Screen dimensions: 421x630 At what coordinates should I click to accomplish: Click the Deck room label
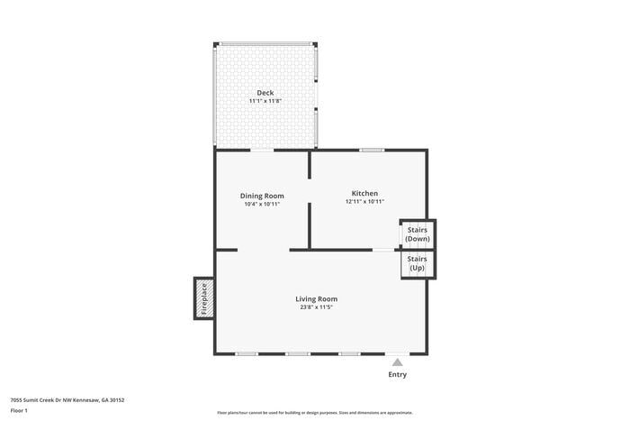point(265,93)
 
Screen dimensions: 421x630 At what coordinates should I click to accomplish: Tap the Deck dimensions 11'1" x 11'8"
point(265,101)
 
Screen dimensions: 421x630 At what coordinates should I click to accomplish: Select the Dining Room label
point(262,196)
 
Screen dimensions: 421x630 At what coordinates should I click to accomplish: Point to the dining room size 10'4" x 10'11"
point(262,204)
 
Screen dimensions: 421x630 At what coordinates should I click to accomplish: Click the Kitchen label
point(364,193)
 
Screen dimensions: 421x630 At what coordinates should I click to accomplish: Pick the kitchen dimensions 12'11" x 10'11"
point(364,201)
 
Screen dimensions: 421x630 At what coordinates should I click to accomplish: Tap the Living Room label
point(316,298)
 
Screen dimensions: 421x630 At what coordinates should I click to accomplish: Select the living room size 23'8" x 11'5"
point(316,307)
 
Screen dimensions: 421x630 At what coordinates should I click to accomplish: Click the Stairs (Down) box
point(418,233)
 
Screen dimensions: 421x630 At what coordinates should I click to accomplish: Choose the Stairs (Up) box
point(418,264)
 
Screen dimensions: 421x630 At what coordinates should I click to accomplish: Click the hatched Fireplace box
point(203,299)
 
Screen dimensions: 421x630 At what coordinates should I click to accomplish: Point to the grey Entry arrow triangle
point(397,362)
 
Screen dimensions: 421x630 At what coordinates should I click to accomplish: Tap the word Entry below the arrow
point(397,374)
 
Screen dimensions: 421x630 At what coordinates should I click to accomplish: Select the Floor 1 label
point(20,410)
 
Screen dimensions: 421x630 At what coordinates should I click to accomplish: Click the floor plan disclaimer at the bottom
point(314,411)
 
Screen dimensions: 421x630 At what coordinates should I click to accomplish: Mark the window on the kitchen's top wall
point(372,150)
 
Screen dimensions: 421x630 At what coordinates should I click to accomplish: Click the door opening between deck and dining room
point(262,150)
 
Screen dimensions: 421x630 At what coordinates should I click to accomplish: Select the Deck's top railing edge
point(265,42)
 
